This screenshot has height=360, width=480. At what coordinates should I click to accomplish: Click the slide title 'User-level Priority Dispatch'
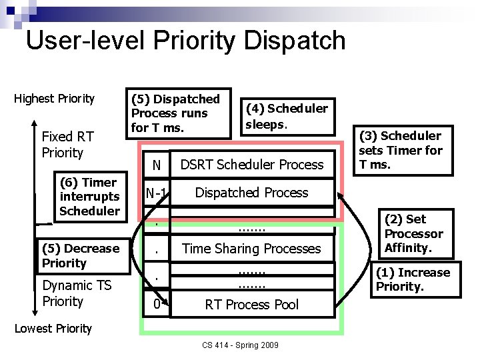[x=185, y=41]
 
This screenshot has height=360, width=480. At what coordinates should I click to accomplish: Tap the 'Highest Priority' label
[x=55, y=99]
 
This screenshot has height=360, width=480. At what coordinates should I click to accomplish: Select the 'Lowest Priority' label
[x=53, y=328]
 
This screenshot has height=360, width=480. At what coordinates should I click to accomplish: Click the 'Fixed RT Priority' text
[x=67, y=145]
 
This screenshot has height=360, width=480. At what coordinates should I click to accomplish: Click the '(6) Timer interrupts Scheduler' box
[x=89, y=197]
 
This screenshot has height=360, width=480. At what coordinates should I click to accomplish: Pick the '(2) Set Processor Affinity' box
[x=414, y=233]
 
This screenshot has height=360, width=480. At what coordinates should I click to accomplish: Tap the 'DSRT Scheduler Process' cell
[x=252, y=165]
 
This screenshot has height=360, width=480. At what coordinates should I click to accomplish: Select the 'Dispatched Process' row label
[x=251, y=193]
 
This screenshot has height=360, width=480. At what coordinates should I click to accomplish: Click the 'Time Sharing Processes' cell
[x=251, y=249]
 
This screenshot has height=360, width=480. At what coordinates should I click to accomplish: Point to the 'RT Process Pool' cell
[x=251, y=305]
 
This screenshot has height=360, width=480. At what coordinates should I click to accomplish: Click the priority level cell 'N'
[x=156, y=165]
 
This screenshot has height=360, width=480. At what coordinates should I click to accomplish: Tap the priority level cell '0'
[x=156, y=305]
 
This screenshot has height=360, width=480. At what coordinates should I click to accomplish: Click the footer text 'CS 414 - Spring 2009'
[x=240, y=345]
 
